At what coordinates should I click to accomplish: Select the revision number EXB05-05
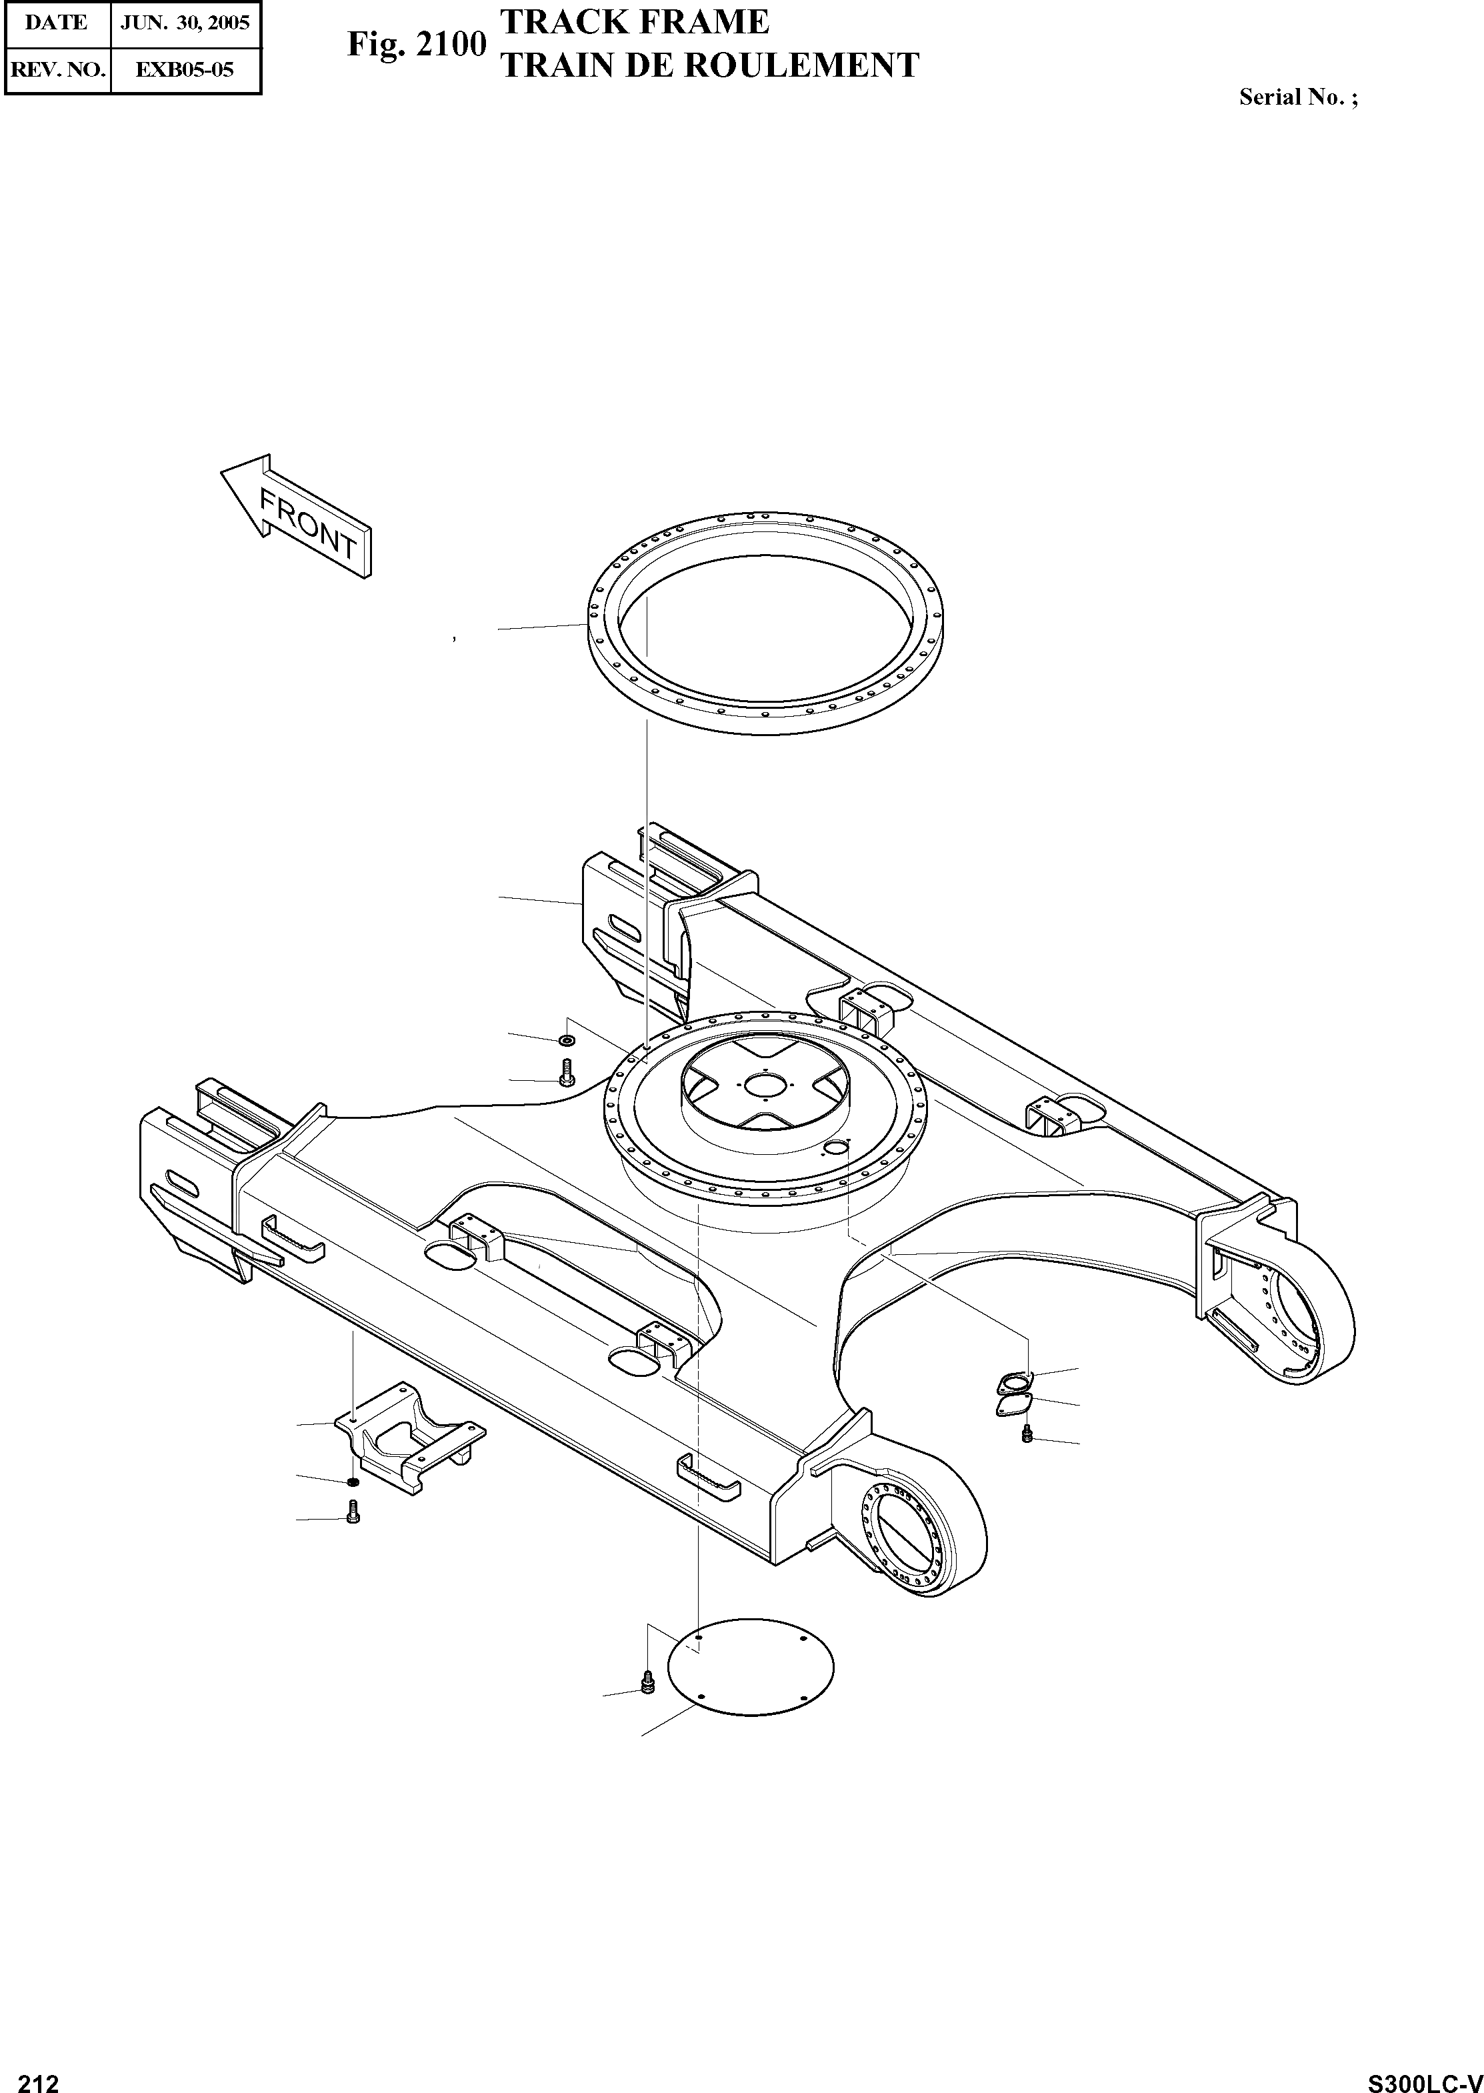point(185,69)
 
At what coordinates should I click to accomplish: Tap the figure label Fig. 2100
point(416,44)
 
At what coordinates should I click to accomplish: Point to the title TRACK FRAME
point(636,21)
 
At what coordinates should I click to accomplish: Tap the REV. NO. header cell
point(57,69)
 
